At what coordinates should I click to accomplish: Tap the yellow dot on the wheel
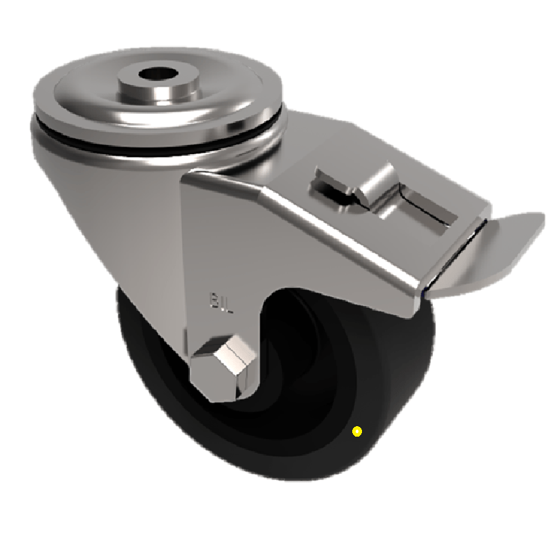(357, 432)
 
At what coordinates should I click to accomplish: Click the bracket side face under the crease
(335, 272)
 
